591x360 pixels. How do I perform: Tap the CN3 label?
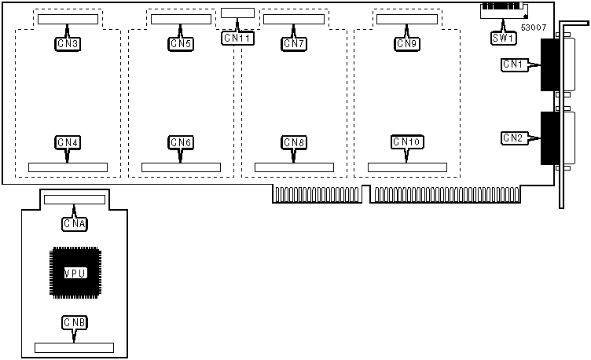(68, 44)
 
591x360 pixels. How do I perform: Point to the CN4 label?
(68, 142)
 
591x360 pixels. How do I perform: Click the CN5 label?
(181, 44)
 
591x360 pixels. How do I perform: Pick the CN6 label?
(181, 142)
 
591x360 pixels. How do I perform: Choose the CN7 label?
(294, 44)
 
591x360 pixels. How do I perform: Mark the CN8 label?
(294, 142)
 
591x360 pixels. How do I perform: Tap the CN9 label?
(407, 44)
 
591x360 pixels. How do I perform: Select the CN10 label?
(407, 142)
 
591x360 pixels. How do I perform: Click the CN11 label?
(237, 37)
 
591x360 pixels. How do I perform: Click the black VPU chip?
(75, 272)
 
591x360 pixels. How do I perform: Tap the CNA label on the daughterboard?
(75, 224)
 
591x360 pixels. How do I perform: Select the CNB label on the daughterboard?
(75, 322)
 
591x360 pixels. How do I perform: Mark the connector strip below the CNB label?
(75, 347)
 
